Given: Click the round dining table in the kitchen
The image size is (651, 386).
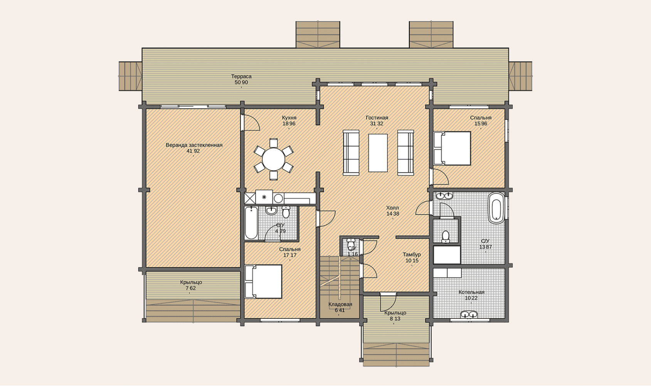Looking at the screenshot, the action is [x=274, y=159].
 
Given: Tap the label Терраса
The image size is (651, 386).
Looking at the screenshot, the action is [x=241, y=76].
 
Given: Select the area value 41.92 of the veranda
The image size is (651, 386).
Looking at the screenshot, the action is [x=193, y=151].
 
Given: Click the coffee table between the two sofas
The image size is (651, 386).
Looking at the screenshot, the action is [x=378, y=153].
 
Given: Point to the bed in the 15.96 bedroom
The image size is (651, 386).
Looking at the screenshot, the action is [x=452, y=149].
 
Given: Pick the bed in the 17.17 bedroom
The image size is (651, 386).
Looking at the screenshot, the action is [x=263, y=281].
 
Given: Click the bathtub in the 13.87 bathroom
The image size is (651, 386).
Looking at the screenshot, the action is [x=496, y=208].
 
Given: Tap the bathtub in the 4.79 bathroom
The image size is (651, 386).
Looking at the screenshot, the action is [x=251, y=223].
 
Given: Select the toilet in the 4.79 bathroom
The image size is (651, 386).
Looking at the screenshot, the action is [x=286, y=212].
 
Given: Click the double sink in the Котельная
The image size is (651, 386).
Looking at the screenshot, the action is [x=469, y=315].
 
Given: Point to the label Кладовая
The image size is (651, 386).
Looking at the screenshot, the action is [x=340, y=305].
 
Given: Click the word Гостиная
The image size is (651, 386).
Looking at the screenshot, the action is [x=377, y=118].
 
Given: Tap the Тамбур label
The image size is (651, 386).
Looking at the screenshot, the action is [x=412, y=254].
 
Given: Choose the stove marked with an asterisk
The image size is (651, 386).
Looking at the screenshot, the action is [x=264, y=197].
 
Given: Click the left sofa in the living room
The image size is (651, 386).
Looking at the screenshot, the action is [x=351, y=153].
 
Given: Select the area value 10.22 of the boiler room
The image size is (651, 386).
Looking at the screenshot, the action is [x=471, y=298].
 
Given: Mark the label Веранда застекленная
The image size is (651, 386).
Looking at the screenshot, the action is [x=194, y=145].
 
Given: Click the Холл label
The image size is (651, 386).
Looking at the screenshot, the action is [x=393, y=208].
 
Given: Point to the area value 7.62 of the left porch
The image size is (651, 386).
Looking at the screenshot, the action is [x=191, y=288].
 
